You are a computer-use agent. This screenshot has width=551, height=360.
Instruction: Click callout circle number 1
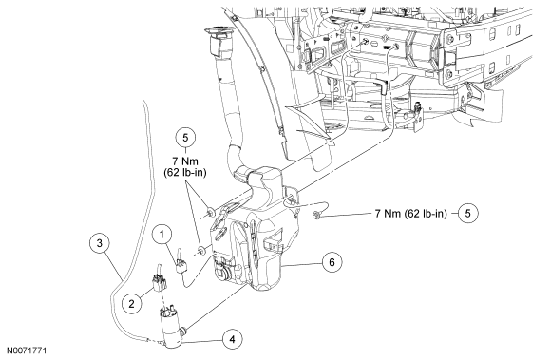tap(162, 235)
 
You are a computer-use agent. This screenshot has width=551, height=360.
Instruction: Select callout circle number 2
tap(132, 303)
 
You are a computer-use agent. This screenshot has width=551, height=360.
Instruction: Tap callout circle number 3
tap(100, 243)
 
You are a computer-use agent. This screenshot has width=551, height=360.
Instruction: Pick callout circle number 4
tap(233, 339)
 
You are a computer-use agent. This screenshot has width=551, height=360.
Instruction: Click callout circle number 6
tap(332, 261)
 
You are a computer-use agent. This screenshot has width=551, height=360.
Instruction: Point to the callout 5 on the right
tap(467, 213)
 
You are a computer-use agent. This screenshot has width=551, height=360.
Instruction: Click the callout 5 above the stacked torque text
tap(185, 138)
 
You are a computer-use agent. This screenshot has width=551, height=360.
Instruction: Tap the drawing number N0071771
tap(27, 351)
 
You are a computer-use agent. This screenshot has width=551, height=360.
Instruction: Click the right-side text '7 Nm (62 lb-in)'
tap(410, 213)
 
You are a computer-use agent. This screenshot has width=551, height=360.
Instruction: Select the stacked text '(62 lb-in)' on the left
tap(185, 173)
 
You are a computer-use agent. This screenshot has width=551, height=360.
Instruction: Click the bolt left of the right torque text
tap(315, 214)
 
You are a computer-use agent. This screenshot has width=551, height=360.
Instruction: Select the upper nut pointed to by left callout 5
tap(211, 212)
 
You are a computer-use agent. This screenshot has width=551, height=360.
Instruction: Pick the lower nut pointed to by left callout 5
tap(201, 251)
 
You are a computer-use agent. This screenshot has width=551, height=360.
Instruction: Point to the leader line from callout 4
tap(203, 341)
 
